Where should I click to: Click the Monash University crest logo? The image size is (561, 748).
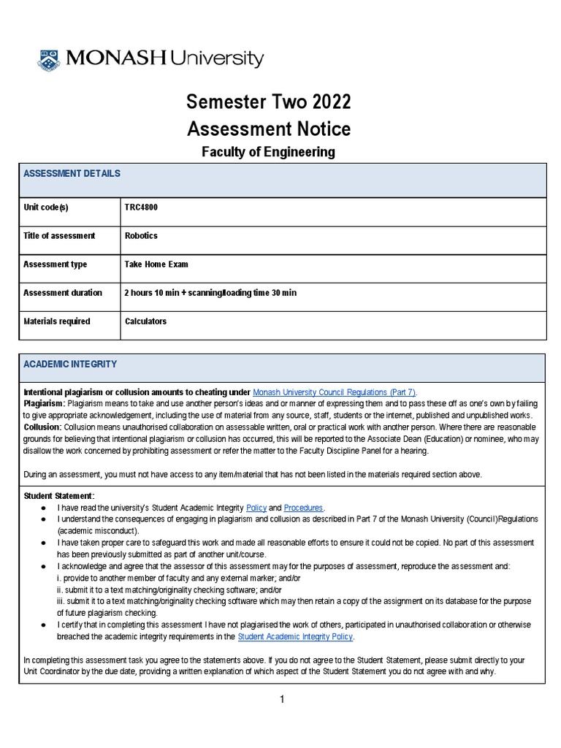[x=50, y=59]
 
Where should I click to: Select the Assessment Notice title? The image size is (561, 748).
[x=269, y=129]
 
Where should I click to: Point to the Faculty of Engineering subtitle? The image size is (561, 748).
[x=268, y=152]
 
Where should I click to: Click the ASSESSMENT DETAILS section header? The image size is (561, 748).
[x=72, y=174]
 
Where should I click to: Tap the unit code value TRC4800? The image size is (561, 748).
[x=142, y=207]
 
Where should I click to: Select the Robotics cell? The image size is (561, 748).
[x=142, y=236]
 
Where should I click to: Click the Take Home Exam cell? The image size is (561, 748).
[x=156, y=264]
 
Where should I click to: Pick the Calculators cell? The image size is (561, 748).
[x=146, y=321]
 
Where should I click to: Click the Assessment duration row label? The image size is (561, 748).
[x=63, y=293]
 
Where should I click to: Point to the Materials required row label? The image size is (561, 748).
[x=57, y=321]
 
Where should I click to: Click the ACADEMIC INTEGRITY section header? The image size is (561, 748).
[x=70, y=364]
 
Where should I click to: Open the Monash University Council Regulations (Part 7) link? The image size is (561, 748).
[x=335, y=392]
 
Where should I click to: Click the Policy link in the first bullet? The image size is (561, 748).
[x=257, y=508]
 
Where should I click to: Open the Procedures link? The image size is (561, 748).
[x=303, y=508]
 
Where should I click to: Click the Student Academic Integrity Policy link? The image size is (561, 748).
[x=295, y=636]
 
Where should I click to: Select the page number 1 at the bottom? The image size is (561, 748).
[x=281, y=699]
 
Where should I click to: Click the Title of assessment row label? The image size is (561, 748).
[x=59, y=236]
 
